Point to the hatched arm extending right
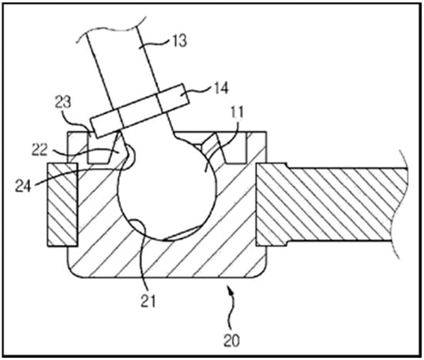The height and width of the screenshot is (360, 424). pyautogui.click(x=331, y=204)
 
